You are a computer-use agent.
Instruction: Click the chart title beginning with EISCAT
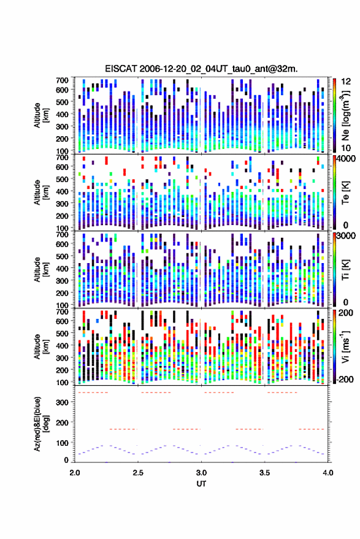201,69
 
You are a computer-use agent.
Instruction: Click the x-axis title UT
201,484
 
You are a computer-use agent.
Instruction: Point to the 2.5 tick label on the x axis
138,473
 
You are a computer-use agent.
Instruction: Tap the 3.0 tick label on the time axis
201,473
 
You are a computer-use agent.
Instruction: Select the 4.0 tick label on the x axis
327,473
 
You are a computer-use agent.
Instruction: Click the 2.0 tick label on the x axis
75,473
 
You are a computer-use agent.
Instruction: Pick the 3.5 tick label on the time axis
264,473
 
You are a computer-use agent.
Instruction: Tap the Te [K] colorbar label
345,193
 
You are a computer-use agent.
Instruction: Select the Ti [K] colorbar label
345,270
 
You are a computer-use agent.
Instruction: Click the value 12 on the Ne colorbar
346,82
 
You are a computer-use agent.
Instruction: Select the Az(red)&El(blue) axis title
40,424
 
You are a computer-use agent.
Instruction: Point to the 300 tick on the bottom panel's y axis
63,402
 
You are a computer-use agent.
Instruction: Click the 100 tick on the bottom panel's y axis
63,443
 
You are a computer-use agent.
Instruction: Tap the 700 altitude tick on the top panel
62,80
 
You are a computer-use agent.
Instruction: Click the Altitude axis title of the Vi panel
40,346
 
